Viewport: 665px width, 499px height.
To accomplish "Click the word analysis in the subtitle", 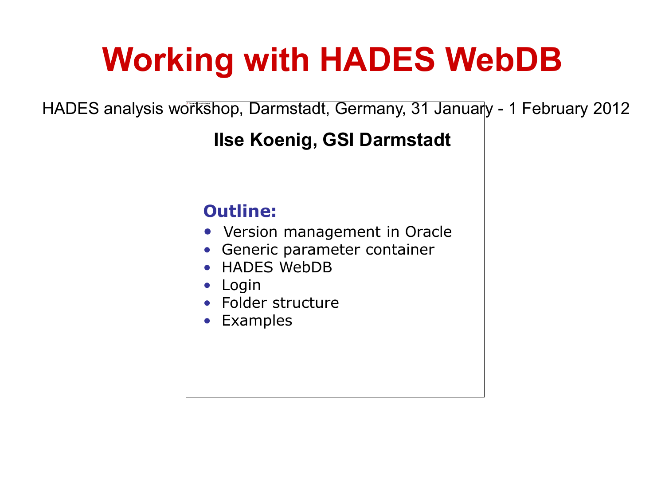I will tap(133, 109).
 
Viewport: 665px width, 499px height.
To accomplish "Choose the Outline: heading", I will tap(240, 211).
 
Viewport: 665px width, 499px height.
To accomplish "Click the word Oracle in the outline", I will tap(428, 232).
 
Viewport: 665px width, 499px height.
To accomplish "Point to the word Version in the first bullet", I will tap(251, 232).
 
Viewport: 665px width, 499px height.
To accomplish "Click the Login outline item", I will tap(241, 285).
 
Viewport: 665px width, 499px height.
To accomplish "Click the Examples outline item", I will tap(257, 321).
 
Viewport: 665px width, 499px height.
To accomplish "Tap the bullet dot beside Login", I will tap(207, 285).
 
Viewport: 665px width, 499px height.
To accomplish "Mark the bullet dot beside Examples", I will tap(207, 321).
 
